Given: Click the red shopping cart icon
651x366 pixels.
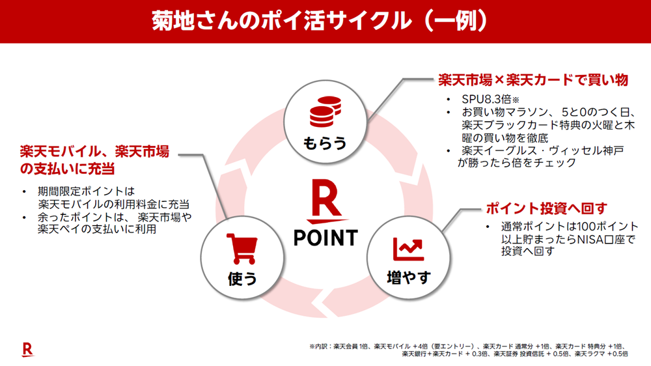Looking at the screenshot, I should [242, 248].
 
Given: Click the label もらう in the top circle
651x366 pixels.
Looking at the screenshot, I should [325, 143].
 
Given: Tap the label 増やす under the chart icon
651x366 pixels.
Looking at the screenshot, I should [409, 277].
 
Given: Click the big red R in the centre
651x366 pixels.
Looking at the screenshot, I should [325, 199].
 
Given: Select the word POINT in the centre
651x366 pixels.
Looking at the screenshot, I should [325, 237].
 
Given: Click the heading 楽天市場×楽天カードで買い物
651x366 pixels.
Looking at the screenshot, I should [532, 80].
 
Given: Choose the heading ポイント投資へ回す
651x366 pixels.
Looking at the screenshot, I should [546, 208].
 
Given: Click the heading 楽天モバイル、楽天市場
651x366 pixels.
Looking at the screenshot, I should [94, 152].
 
